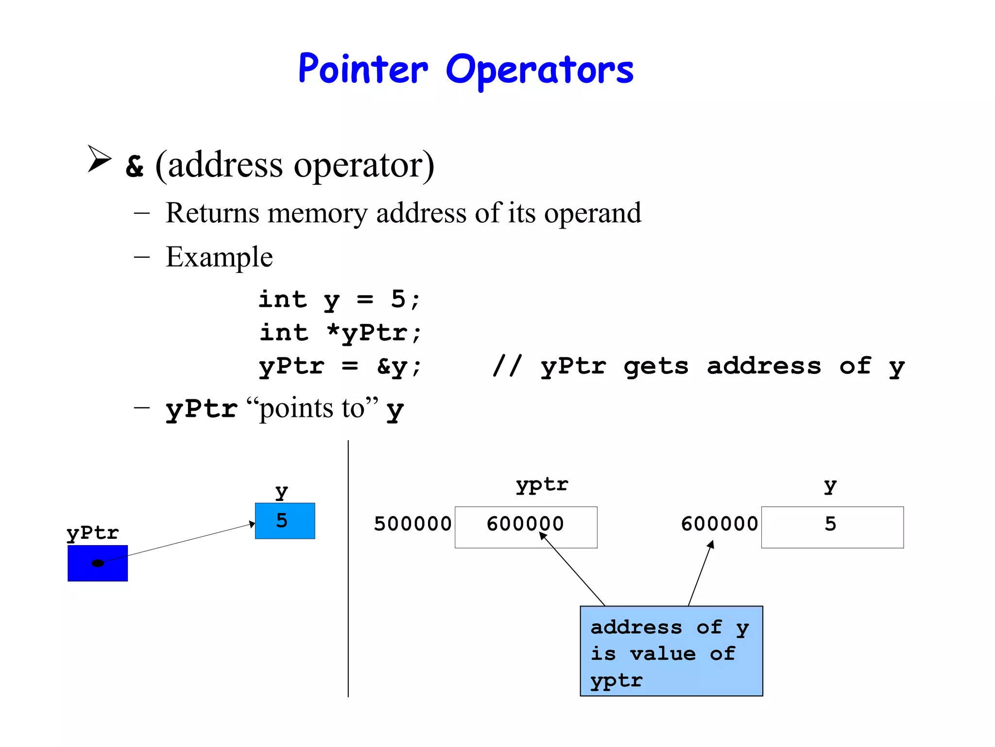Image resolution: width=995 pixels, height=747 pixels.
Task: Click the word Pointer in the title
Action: (363, 69)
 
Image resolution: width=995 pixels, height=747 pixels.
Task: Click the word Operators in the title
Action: (539, 71)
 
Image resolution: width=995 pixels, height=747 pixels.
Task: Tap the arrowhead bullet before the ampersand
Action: (99, 159)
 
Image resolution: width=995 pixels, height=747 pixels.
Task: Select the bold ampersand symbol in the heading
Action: (135, 166)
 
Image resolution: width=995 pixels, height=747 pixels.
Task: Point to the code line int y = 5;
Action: (339, 299)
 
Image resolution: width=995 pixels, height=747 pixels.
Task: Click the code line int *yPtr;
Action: (340, 333)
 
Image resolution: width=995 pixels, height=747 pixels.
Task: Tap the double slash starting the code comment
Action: (507, 366)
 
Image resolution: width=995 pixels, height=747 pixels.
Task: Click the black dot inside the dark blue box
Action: (98, 563)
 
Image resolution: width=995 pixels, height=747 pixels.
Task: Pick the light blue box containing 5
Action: (285, 521)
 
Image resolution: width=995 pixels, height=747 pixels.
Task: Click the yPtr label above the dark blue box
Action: (93, 533)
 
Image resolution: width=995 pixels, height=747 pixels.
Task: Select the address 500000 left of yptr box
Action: (412, 524)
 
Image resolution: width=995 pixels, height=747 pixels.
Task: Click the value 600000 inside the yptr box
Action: (525, 524)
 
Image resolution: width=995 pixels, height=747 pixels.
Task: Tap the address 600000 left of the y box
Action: (720, 524)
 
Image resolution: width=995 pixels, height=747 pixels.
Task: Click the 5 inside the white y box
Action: (830, 524)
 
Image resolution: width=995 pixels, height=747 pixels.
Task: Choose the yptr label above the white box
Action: (542, 485)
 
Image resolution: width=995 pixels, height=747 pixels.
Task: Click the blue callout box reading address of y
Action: (671, 651)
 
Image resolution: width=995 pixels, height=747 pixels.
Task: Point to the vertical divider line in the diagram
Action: (348, 569)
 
